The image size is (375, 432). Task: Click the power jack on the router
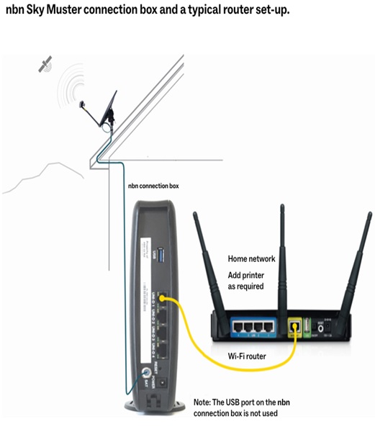click(331, 328)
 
